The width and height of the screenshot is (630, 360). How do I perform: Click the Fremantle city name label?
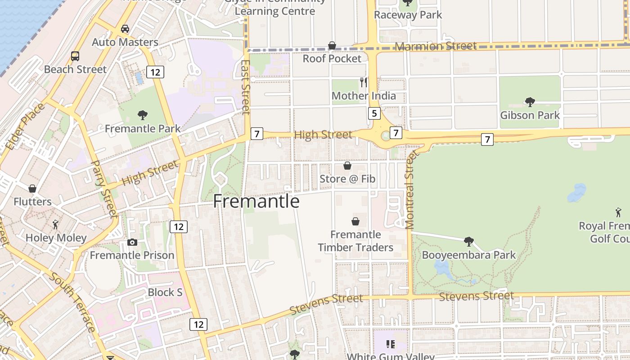click(256, 201)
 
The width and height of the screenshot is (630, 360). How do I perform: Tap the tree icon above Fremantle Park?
click(143, 115)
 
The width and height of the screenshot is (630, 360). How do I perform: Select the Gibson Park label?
click(530, 115)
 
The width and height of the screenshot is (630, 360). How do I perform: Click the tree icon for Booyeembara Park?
click(468, 242)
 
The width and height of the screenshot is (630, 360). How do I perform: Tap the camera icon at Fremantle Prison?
click(132, 243)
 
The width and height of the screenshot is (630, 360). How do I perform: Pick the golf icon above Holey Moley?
click(55, 224)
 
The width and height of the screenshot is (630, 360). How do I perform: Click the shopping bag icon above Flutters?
click(32, 189)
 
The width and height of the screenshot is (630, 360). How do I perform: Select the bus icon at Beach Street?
click(75, 56)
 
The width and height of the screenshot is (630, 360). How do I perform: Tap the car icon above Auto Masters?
click(125, 29)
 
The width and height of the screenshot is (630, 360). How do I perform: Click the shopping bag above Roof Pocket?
click(332, 45)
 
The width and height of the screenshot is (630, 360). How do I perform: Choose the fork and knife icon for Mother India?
click(364, 82)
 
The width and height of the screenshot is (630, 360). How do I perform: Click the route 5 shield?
click(374, 113)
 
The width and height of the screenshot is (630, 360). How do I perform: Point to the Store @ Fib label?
click(347, 179)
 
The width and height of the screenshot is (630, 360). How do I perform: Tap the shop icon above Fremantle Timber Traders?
click(355, 221)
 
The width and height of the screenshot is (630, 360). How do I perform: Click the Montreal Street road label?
click(409, 190)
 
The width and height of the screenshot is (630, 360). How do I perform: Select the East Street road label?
click(246, 87)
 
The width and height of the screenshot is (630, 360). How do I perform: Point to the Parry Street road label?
click(104, 189)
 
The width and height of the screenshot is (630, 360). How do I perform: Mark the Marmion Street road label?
click(435, 46)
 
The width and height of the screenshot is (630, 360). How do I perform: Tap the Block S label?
click(165, 292)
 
